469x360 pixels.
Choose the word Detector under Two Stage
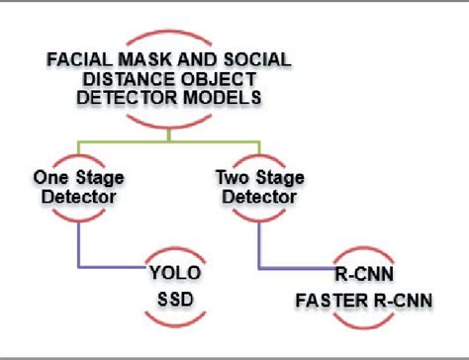pos(256,198)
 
